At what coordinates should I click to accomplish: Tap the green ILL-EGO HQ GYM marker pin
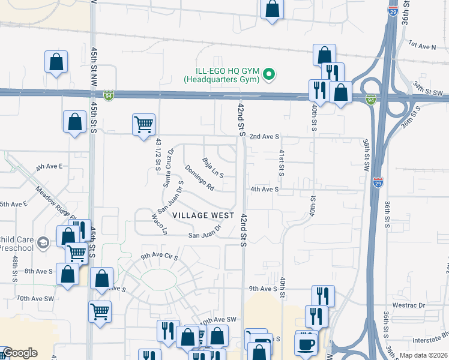pos(270,74)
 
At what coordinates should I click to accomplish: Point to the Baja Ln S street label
pos(213,167)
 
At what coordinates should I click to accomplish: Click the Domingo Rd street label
pos(199,178)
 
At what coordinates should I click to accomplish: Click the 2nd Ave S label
pos(264,137)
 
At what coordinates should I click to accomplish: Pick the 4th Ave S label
pos(265,189)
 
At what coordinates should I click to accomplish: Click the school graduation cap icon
pos(42,243)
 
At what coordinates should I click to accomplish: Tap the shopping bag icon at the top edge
pos(272,9)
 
